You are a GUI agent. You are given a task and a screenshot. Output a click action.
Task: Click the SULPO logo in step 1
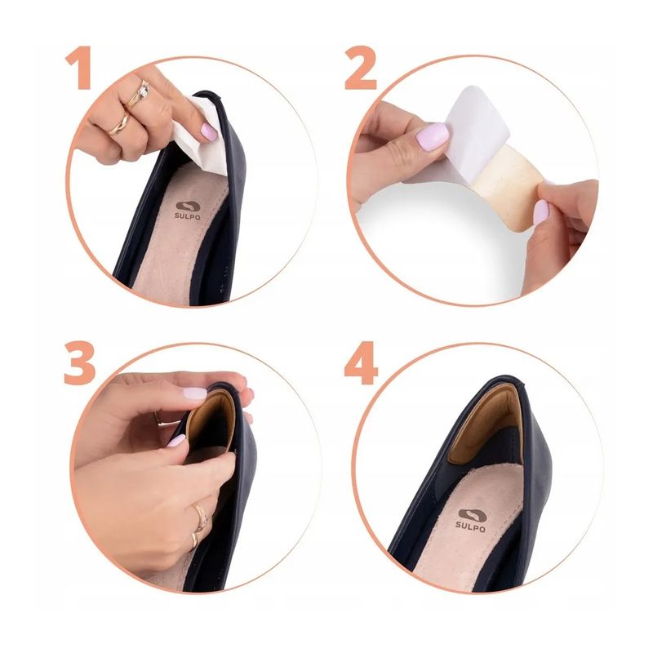pyautogui.click(x=190, y=211)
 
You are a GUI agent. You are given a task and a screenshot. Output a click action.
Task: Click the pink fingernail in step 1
pyautogui.click(x=210, y=131)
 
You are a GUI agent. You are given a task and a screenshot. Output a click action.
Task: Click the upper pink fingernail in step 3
pyautogui.click(x=194, y=393)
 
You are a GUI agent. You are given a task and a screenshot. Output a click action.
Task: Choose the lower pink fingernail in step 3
pyautogui.click(x=176, y=440)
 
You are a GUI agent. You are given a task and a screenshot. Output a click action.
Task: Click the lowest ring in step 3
pyautogui.click(x=194, y=540)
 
